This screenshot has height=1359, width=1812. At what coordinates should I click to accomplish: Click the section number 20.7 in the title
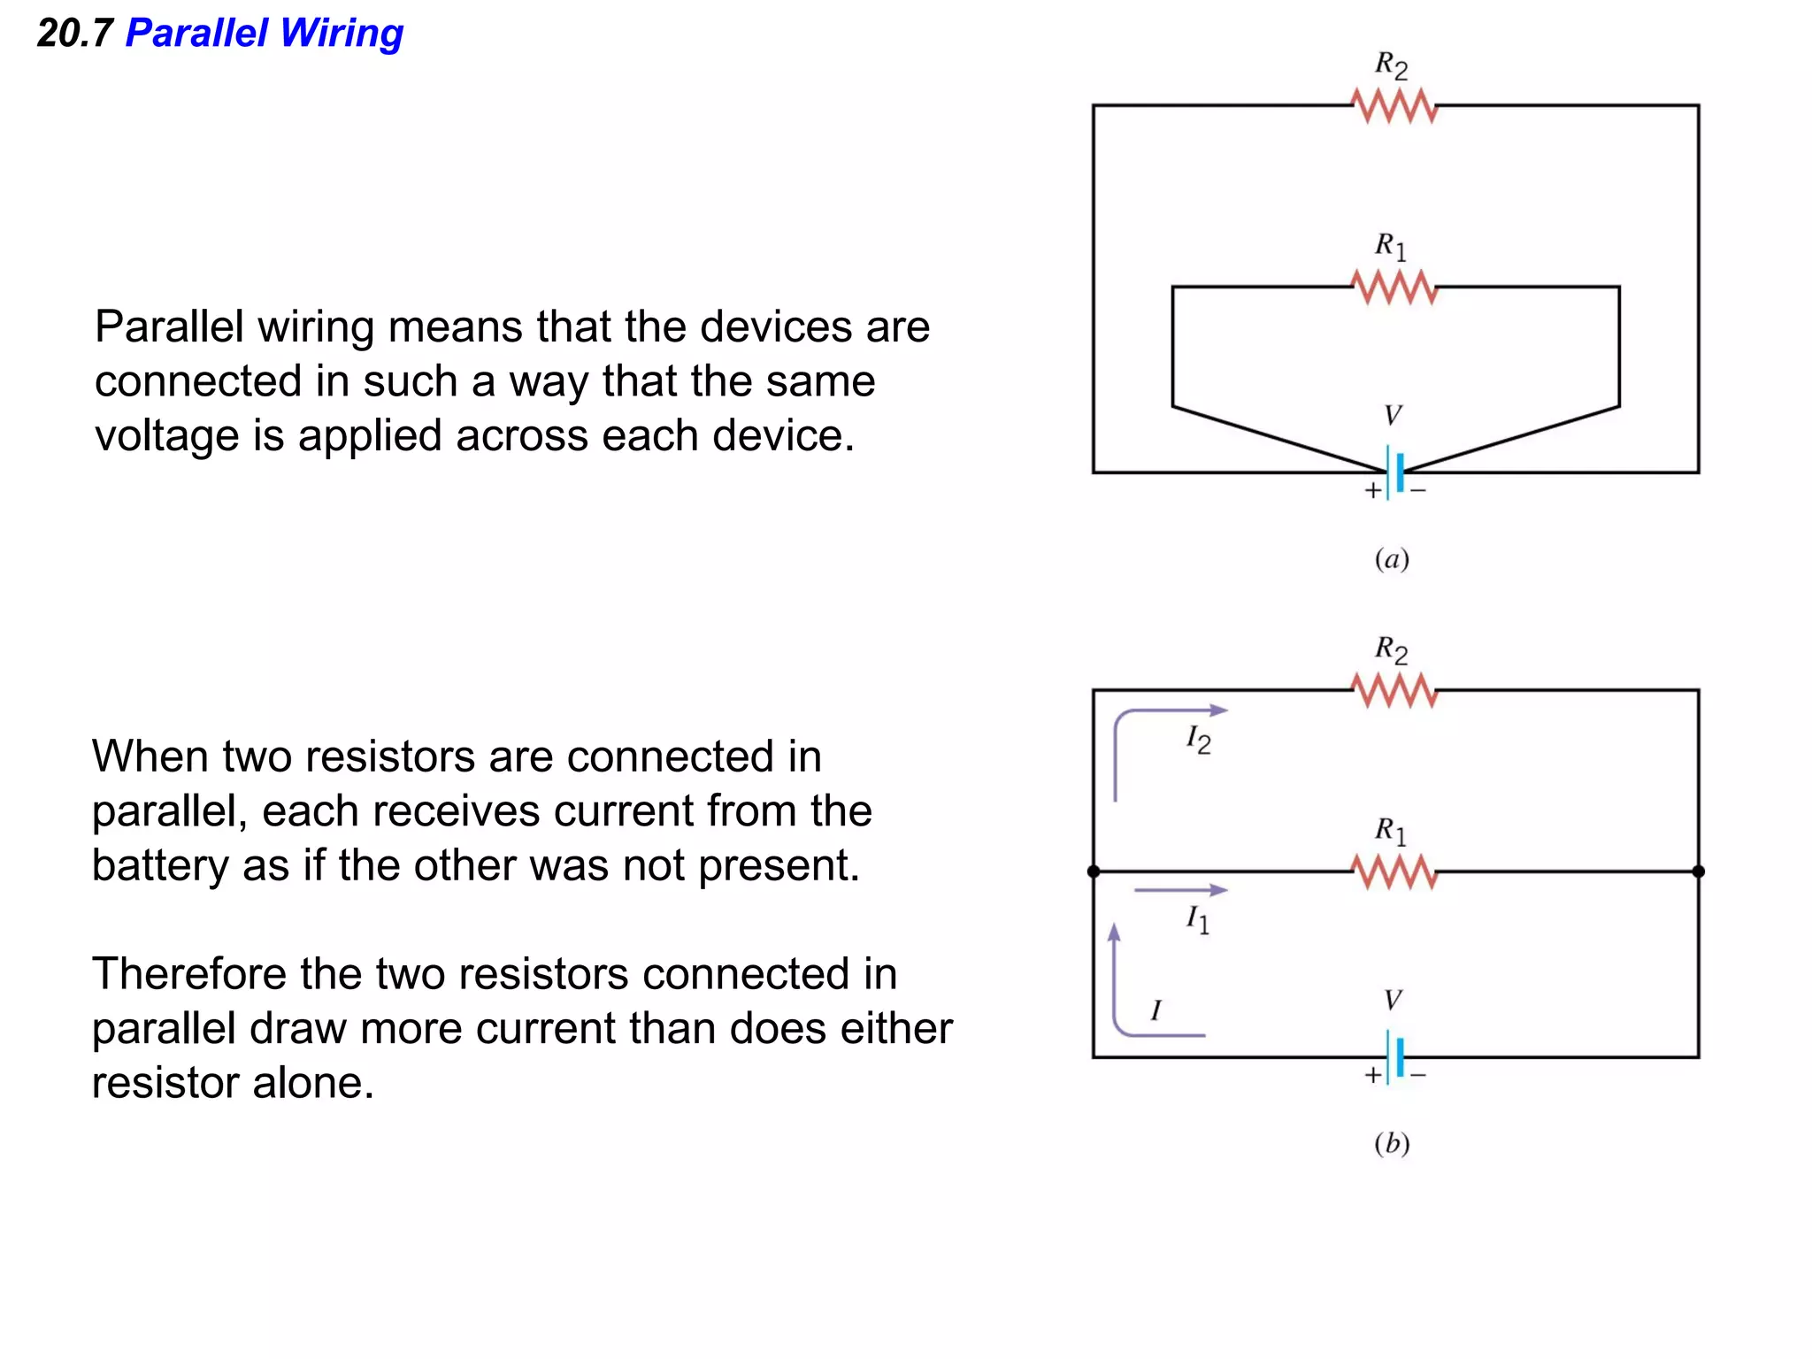[x=75, y=34]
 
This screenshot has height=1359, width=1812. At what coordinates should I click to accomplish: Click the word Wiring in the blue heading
[x=342, y=34]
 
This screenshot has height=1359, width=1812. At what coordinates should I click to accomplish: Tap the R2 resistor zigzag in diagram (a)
[x=1394, y=106]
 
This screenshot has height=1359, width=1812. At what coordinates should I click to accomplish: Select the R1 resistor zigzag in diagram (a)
[x=1394, y=288]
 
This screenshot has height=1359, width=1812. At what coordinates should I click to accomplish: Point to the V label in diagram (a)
[x=1393, y=415]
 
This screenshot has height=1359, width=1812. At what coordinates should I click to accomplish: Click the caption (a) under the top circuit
[x=1392, y=559]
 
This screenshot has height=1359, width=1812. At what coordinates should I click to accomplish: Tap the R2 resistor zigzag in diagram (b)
[x=1394, y=690]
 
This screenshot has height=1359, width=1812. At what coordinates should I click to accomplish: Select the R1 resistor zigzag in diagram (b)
[x=1394, y=872]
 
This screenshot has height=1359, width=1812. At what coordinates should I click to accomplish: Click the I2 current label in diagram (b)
[x=1198, y=740]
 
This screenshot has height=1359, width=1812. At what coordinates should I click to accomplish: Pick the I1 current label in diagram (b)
[x=1197, y=919]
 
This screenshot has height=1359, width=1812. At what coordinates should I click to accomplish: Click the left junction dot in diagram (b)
[x=1094, y=871]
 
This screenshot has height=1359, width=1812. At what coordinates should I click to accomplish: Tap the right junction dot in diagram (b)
[x=1698, y=871]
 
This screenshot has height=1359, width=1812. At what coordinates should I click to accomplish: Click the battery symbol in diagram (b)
[x=1395, y=1056]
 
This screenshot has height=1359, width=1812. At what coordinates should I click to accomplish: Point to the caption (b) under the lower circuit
[x=1392, y=1143]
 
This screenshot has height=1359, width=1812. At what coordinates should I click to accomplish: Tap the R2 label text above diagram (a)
[x=1391, y=65]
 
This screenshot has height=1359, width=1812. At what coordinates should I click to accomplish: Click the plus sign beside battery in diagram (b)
[x=1372, y=1075]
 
